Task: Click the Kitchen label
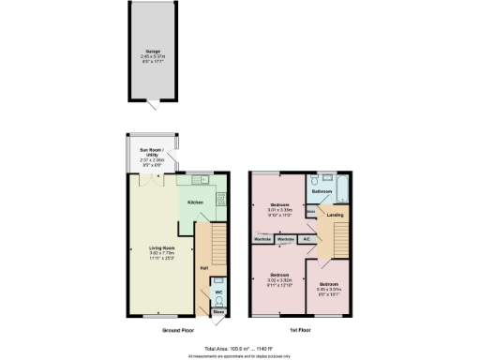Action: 196,202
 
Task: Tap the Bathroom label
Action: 322,191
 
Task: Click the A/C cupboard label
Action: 307,240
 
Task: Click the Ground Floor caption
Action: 177,329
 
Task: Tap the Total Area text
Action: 240,348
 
